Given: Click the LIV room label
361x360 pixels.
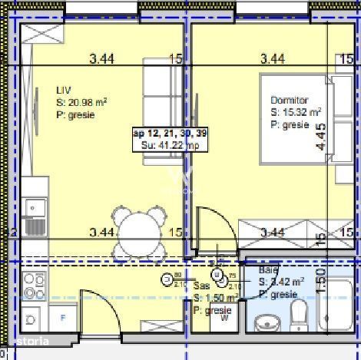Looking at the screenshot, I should click(62, 88).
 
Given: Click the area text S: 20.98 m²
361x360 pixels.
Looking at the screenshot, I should click(81, 101).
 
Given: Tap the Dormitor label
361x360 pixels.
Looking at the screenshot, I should click(289, 101).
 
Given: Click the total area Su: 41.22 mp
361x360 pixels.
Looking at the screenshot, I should click(165, 144).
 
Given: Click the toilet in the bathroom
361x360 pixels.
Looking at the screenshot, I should click(300, 316).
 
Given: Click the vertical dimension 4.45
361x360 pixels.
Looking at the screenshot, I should click(320, 138).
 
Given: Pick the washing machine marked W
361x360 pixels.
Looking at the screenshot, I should click(224, 320).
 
